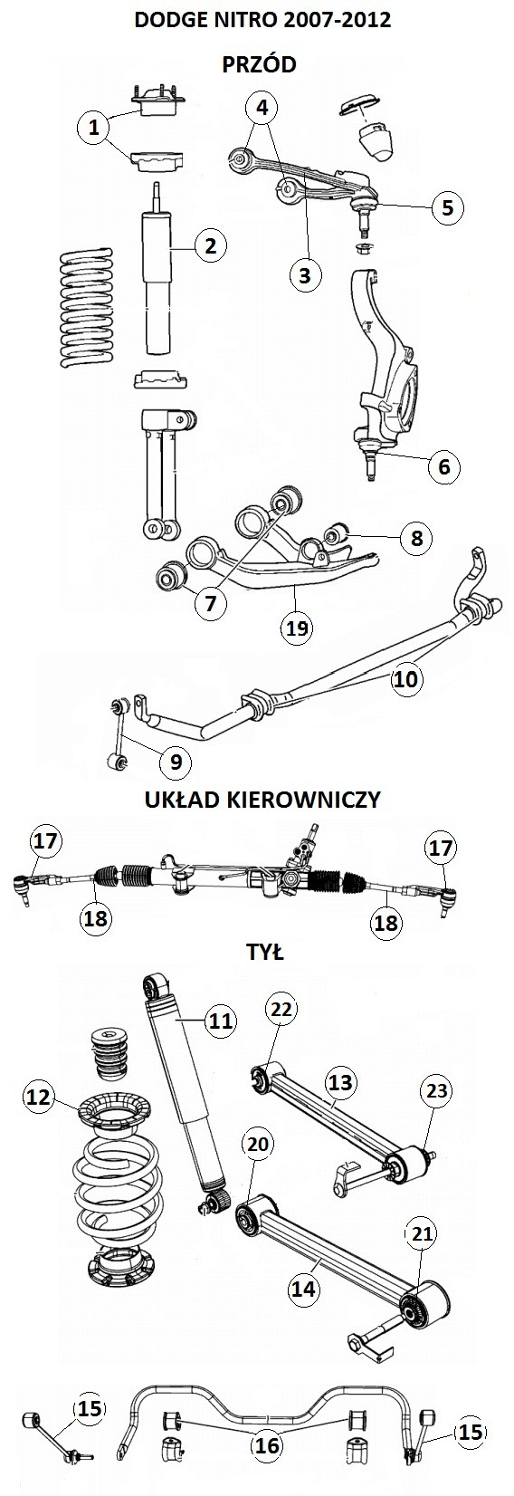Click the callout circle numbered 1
coord(94,126)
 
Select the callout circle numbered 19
coord(297,628)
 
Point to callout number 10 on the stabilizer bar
coord(405,678)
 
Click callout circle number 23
coord(436,1090)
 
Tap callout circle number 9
coord(176,762)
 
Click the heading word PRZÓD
coord(258,64)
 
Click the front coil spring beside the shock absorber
coord(87,309)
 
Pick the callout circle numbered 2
coord(211,245)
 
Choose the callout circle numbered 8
coord(417,538)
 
